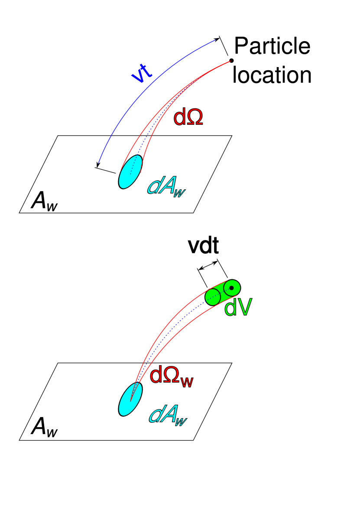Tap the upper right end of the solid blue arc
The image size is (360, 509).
tap(219, 39)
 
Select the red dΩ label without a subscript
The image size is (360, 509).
tap(188, 118)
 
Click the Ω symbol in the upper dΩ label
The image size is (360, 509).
tap(195, 118)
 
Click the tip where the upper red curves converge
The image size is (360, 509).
tap(230, 62)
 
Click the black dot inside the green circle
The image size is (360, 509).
tap(231, 288)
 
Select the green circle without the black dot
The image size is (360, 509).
tap(213, 297)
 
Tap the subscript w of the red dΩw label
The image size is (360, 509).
tap(187, 382)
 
